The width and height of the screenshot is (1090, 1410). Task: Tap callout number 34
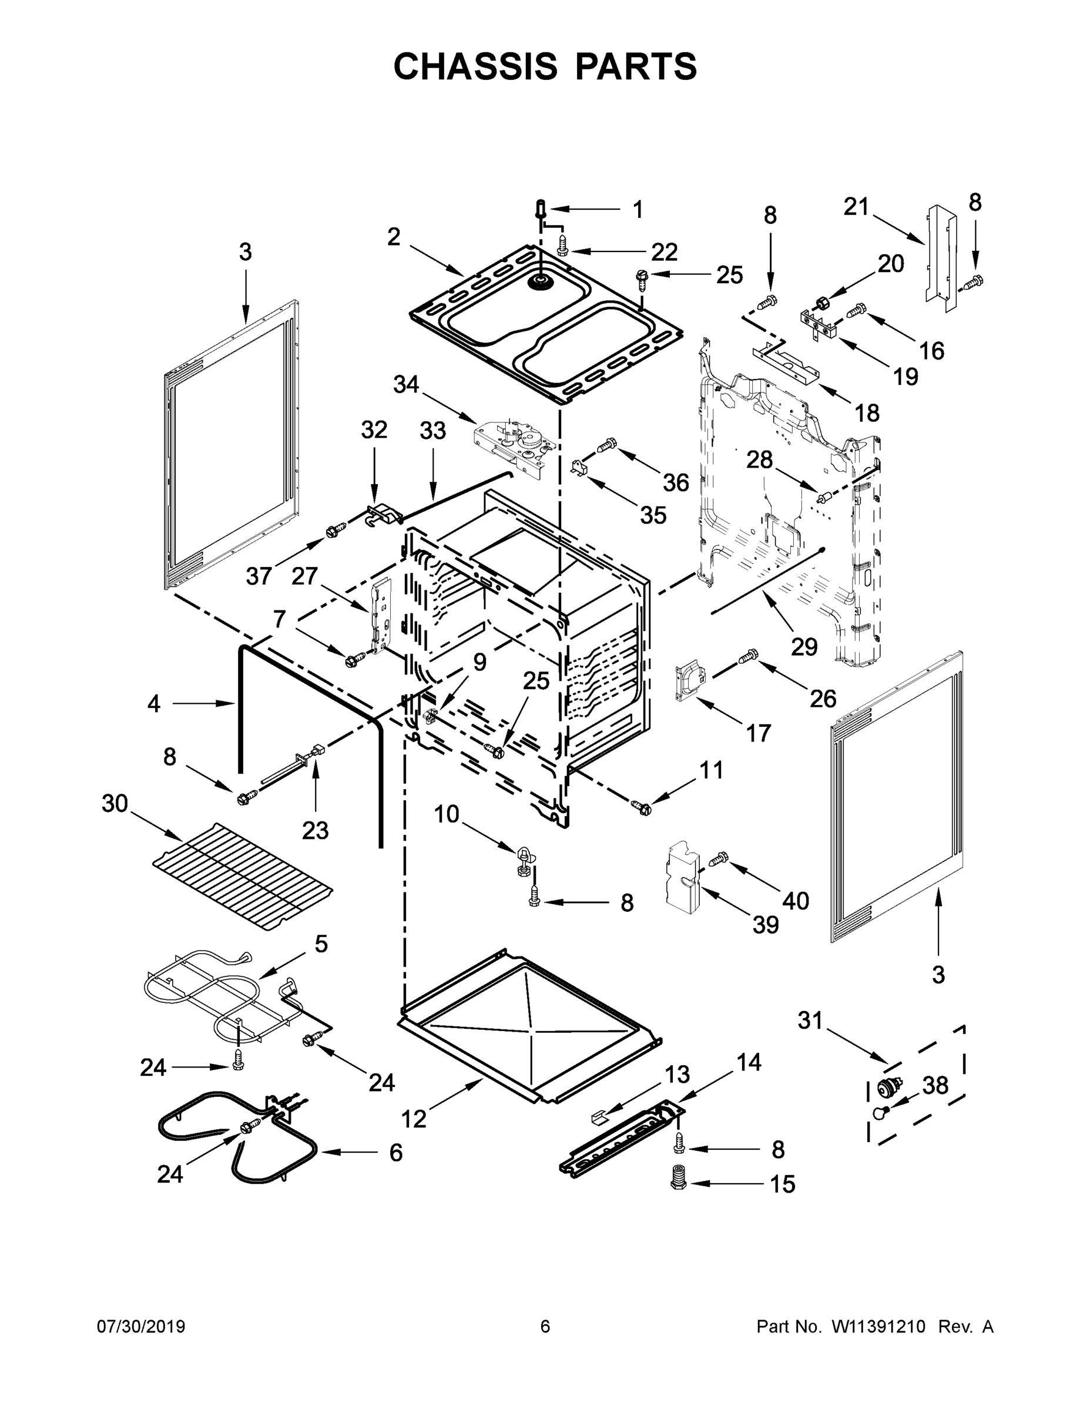click(406, 385)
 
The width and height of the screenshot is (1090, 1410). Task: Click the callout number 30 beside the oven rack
click(115, 804)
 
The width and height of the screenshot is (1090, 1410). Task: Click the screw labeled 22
click(563, 246)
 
